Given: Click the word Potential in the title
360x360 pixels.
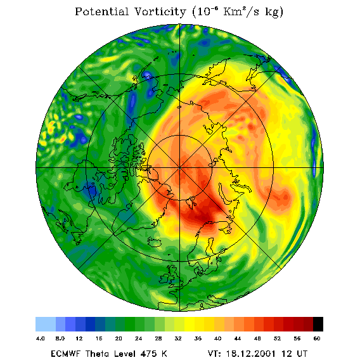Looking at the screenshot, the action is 101,11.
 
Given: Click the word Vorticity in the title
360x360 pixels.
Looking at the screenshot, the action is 160,11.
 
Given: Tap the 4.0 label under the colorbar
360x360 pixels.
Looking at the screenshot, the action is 41,338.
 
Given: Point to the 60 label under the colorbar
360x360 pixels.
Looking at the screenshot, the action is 317,338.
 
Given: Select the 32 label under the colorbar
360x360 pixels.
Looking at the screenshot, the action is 178,338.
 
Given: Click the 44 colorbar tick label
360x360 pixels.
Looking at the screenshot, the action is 238,338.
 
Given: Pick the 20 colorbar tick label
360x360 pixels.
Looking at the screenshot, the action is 119,338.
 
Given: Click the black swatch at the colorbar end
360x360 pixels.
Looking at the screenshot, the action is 318,324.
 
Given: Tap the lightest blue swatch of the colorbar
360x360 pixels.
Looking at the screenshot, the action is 46,324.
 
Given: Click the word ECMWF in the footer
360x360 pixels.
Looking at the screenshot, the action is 65,353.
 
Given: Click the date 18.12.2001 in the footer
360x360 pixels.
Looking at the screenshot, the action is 251,353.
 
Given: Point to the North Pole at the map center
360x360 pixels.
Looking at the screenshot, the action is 179,168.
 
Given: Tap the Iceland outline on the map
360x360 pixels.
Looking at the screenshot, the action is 154,242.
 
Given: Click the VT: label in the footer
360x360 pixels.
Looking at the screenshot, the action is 214,353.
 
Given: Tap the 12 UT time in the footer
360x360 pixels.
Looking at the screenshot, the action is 295,353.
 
